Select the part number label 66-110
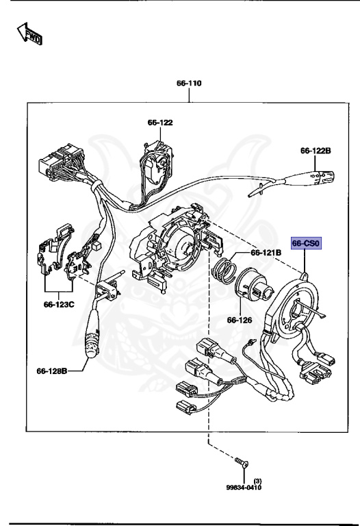point(189,84)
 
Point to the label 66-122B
point(316,150)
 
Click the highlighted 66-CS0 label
point(306,243)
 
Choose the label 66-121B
point(266,252)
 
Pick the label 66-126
point(240,320)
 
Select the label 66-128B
point(52,371)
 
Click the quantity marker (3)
point(257,481)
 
